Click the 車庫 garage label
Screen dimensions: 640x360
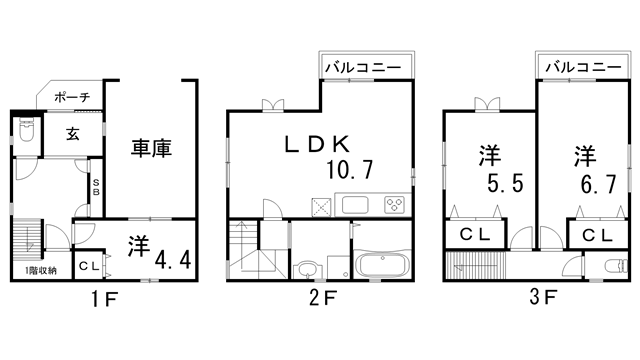coord(151,148)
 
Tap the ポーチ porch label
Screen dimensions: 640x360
coord(72,97)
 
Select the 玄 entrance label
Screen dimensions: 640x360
coord(73,133)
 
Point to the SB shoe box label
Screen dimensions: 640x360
coord(96,187)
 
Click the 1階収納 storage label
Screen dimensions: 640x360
coord(41,270)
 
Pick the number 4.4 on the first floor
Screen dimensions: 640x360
coord(173,260)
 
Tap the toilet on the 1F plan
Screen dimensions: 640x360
coord(27,130)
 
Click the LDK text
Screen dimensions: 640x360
coord(317,144)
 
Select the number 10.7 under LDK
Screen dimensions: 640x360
coord(350,169)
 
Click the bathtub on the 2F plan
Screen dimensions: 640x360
coord(382,264)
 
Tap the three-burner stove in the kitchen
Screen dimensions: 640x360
coord(394,205)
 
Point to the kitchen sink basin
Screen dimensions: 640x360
coord(355,205)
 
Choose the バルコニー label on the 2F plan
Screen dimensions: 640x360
coord(363,67)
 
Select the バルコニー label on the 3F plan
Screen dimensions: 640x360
coord(584,67)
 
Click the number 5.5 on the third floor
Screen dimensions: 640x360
coord(505,183)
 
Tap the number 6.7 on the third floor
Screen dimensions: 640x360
coord(598,184)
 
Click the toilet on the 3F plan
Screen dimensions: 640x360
coord(616,267)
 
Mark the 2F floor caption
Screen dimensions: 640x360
coord(323,298)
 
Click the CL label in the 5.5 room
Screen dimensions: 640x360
coord(475,234)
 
